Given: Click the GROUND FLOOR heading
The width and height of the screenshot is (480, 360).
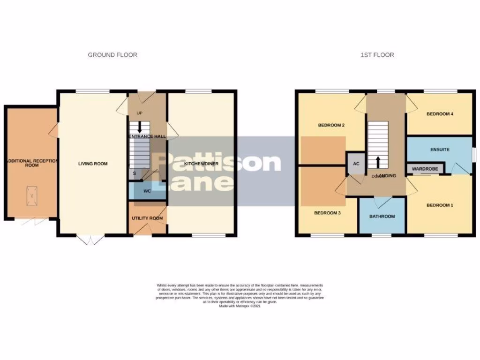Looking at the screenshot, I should tap(112, 55).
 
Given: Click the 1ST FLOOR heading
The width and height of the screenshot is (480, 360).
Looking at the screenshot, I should tap(377, 55).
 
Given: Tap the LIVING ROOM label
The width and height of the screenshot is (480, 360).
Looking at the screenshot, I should tap(93, 164).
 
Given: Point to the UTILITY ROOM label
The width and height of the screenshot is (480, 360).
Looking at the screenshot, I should tap(147, 218).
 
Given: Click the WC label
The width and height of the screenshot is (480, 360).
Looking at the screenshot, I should tap(147, 191).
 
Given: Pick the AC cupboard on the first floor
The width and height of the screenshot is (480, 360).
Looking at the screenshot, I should tap(355, 164).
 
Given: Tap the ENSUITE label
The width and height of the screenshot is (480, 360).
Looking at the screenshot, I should tap(440, 150).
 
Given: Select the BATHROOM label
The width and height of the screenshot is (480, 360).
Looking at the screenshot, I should tap(382, 217).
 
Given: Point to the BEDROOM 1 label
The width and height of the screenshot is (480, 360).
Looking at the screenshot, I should tap(440, 205).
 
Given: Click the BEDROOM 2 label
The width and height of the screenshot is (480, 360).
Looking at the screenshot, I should tap(331, 125).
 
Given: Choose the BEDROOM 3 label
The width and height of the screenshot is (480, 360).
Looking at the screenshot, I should tap(327, 212).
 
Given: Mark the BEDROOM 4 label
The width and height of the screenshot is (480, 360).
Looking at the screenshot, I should tap(440, 114).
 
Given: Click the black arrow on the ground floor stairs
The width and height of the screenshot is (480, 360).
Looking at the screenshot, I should tap(139, 127).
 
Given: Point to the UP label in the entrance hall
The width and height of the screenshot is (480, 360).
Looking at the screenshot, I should tap(139, 113).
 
